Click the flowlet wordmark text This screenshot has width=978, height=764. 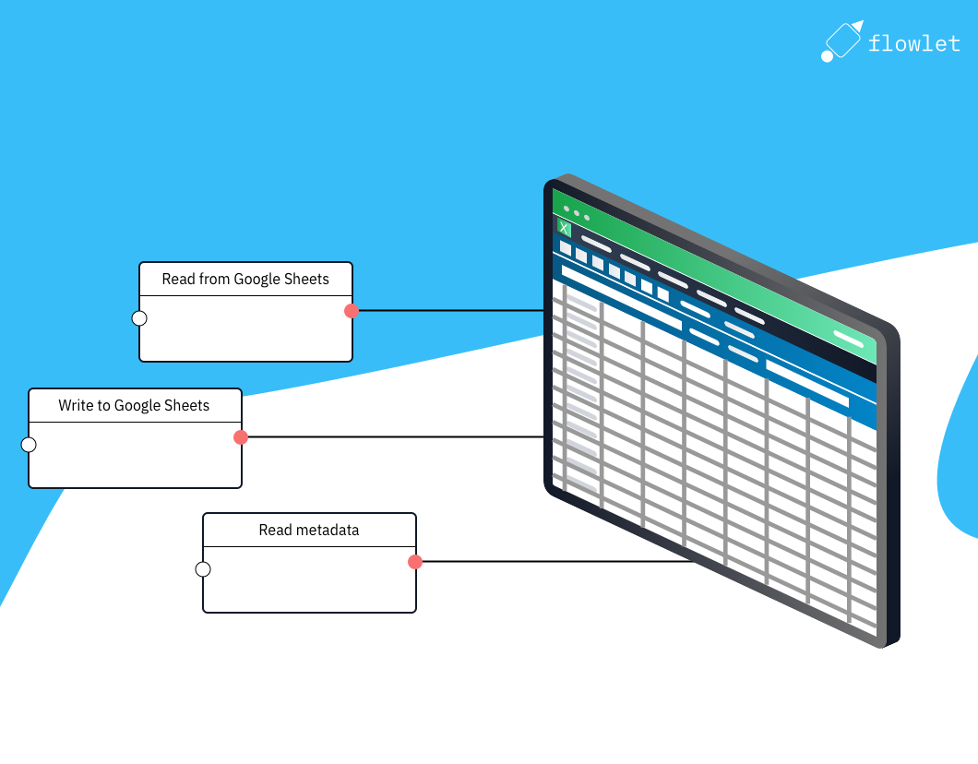coord(913,43)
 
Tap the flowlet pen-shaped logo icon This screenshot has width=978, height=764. coord(842,42)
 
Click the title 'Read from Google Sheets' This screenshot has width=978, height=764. coord(245,279)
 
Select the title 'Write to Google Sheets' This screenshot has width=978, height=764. coord(134,405)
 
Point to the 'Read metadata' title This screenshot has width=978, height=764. coord(309,530)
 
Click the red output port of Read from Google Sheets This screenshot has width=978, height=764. coord(352,311)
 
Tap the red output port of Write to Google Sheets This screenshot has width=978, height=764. coord(241,437)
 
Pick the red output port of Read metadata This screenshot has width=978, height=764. coord(415,562)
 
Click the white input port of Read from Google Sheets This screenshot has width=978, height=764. coord(139,318)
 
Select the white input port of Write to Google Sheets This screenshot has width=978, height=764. coord(29,445)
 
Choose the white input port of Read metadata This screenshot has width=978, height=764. coord(203,569)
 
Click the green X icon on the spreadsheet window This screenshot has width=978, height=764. coord(564,228)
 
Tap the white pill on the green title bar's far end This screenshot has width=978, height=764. coord(848,339)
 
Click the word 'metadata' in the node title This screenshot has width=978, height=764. coord(327,530)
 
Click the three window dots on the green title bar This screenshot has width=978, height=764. coord(577,212)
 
